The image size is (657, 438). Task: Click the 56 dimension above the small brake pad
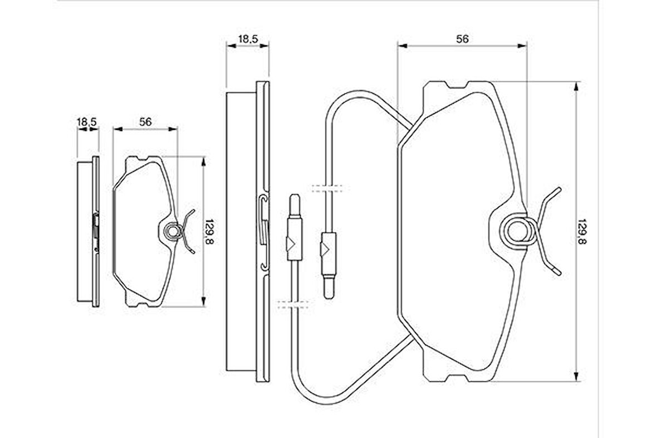(x=145, y=122)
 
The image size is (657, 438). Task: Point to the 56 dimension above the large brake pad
(x=462, y=39)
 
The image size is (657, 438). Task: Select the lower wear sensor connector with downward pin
(x=327, y=264)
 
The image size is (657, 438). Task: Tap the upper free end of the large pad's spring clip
(x=558, y=189)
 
